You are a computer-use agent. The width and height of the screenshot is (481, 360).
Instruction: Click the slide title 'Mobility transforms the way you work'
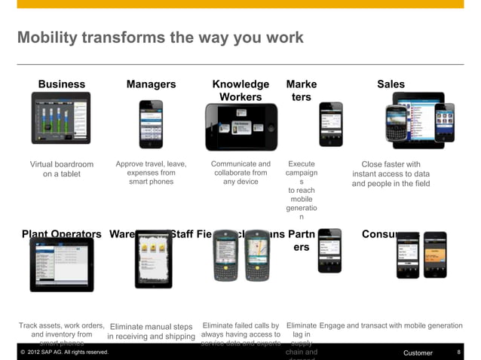[x=160, y=38]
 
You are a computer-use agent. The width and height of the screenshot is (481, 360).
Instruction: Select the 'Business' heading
[x=62, y=84]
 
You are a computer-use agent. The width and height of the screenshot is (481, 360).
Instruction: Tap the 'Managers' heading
[x=151, y=84]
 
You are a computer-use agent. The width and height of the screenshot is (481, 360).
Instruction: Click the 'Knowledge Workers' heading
[x=240, y=90]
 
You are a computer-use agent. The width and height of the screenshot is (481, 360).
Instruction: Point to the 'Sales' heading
[x=391, y=84]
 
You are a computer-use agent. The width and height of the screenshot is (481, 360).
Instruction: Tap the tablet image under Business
[x=61, y=118]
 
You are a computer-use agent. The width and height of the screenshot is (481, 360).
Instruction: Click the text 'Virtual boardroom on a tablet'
[x=62, y=169]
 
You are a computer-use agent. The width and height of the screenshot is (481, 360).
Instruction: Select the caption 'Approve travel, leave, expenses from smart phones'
[x=152, y=172]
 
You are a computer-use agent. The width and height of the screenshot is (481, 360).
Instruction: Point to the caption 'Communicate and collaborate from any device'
[x=240, y=172]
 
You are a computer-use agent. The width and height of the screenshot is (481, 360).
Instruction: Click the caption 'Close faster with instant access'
[x=391, y=173]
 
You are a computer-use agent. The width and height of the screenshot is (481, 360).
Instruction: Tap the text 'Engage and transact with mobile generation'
[x=391, y=325]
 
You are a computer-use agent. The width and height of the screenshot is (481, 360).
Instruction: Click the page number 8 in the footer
[x=459, y=352]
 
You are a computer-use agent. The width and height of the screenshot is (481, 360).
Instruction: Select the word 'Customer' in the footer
[x=418, y=352]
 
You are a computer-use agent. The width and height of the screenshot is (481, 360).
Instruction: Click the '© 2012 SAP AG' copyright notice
[x=65, y=352]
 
